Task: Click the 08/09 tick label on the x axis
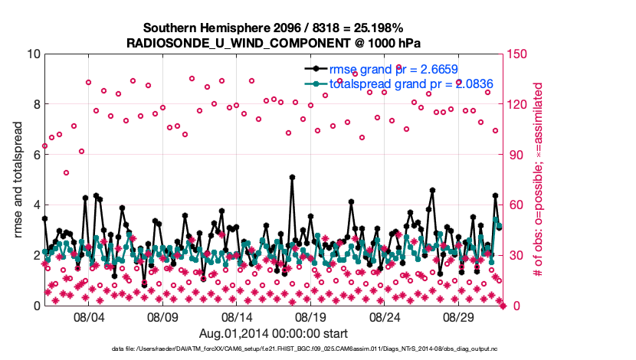(162, 316)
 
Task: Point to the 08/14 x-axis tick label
(237, 316)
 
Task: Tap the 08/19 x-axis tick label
(311, 316)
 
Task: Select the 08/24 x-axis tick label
(385, 316)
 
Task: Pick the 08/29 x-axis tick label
(460, 316)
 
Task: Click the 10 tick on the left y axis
(33, 54)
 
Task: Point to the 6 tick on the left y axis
(36, 154)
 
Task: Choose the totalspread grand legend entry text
(410, 83)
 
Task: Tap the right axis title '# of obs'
(539, 180)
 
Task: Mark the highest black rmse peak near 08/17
(292, 177)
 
